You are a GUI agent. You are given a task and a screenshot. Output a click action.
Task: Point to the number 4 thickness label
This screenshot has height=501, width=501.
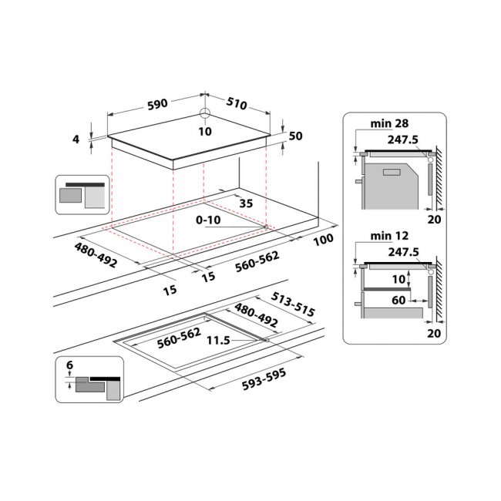pyautogui.click(x=76, y=140)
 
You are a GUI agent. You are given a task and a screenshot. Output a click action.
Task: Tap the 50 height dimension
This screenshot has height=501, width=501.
pyautogui.click(x=294, y=136)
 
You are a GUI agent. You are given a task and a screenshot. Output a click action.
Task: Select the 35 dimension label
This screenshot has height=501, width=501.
pyautogui.click(x=246, y=203)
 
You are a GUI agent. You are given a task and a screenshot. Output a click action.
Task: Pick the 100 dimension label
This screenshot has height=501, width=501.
pyautogui.click(x=324, y=239)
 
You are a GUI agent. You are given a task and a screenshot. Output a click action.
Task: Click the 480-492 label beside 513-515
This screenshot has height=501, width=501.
pyautogui.click(x=255, y=315)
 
